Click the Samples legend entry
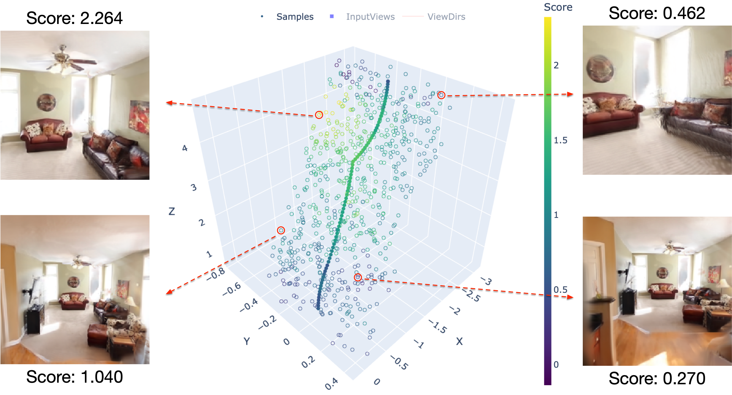tap(295, 17)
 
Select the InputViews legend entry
tap(370, 17)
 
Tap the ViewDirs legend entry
tap(446, 17)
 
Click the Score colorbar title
tap(558, 7)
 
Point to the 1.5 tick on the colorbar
tap(560, 140)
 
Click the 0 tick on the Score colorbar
tap(556, 364)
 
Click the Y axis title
tap(247, 341)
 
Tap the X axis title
tap(459, 341)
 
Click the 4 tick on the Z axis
tap(185, 148)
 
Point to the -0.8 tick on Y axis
tap(216, 274)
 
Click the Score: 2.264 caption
tap(74, 18)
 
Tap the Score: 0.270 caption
tap(657, 378)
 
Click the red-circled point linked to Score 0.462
tap(441, 95)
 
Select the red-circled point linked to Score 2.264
tap(319, 115)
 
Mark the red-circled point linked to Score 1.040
tap(281, 230)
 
